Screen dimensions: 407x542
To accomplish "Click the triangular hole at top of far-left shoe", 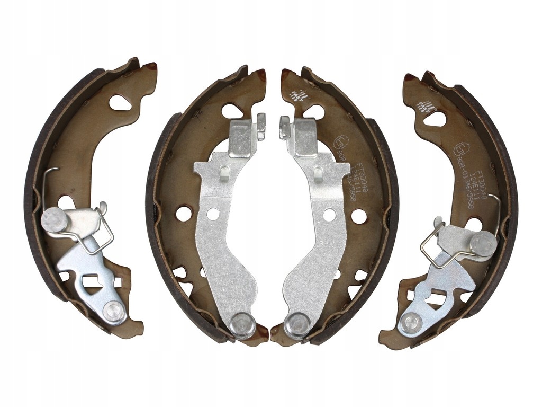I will (x=122, y=103).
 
